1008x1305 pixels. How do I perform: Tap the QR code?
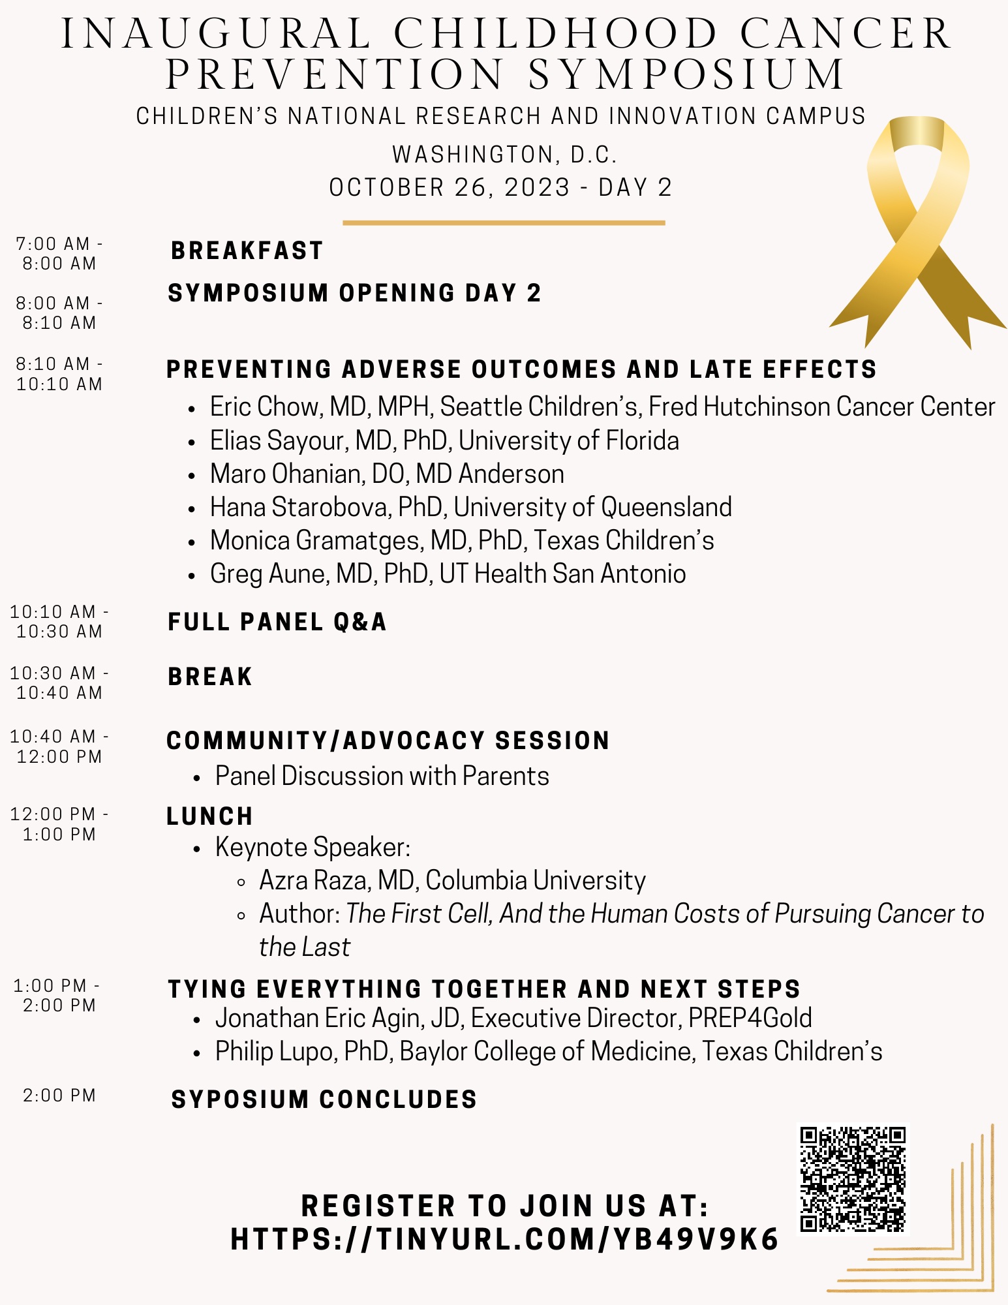click(853, 1179)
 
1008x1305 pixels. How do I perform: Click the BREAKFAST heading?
click(247, 251)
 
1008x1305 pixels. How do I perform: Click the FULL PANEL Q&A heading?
click(277, 622)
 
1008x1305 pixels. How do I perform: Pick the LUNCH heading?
click(209, 817)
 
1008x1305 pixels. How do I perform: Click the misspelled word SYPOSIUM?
click(239, 1100)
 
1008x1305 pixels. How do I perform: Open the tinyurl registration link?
click(504, 1240)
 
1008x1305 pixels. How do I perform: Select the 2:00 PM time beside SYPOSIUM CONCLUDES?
click(59, 1096)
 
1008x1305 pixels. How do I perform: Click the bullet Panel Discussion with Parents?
click(382, 776)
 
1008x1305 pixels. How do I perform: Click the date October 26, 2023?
click(450, 188)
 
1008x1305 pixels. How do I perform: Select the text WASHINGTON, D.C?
click(504, 155)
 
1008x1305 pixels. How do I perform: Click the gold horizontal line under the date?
click(504, 223)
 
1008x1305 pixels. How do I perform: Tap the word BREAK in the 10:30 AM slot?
click(209, 677)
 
